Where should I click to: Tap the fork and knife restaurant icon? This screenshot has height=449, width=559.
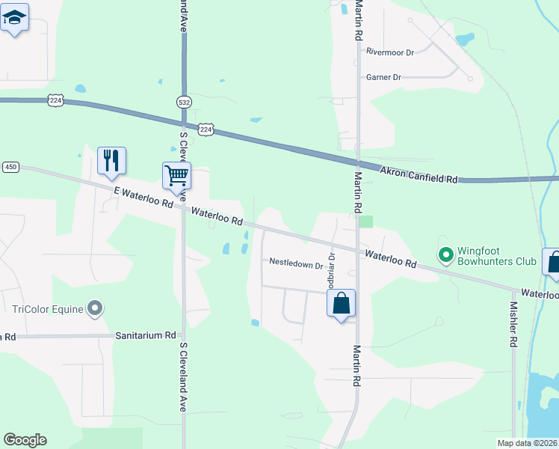point(111,160)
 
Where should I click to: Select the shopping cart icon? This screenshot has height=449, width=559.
point(176,176)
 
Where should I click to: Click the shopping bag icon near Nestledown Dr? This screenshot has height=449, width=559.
point(341,304)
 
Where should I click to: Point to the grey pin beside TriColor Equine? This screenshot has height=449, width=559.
point(95,308)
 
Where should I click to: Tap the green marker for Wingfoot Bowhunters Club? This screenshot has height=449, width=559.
point(446,256)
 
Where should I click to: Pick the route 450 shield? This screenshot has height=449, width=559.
point(10,167)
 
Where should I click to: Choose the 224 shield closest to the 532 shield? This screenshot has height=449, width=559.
point(206,129)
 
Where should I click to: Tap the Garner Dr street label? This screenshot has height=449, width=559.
point(383,77)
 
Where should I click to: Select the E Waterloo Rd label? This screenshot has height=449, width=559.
point(143,198)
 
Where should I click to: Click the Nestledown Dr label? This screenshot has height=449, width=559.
point(296,263)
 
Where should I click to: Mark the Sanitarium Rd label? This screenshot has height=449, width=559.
point(145,337)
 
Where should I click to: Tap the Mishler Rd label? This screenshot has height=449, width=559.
point(513,325)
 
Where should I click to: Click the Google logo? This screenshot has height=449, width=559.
point(25,440)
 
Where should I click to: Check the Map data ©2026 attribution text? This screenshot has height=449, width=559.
point(527,443)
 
